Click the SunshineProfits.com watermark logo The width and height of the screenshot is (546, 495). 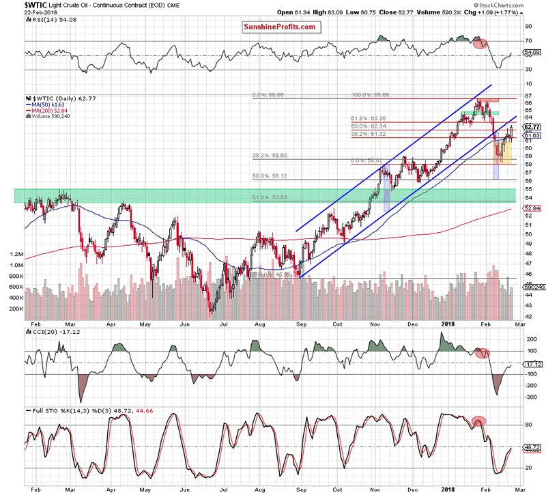[280, 27]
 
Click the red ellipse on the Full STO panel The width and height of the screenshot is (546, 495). [480, 421]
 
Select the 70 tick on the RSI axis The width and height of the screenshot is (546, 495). [527, 41]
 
